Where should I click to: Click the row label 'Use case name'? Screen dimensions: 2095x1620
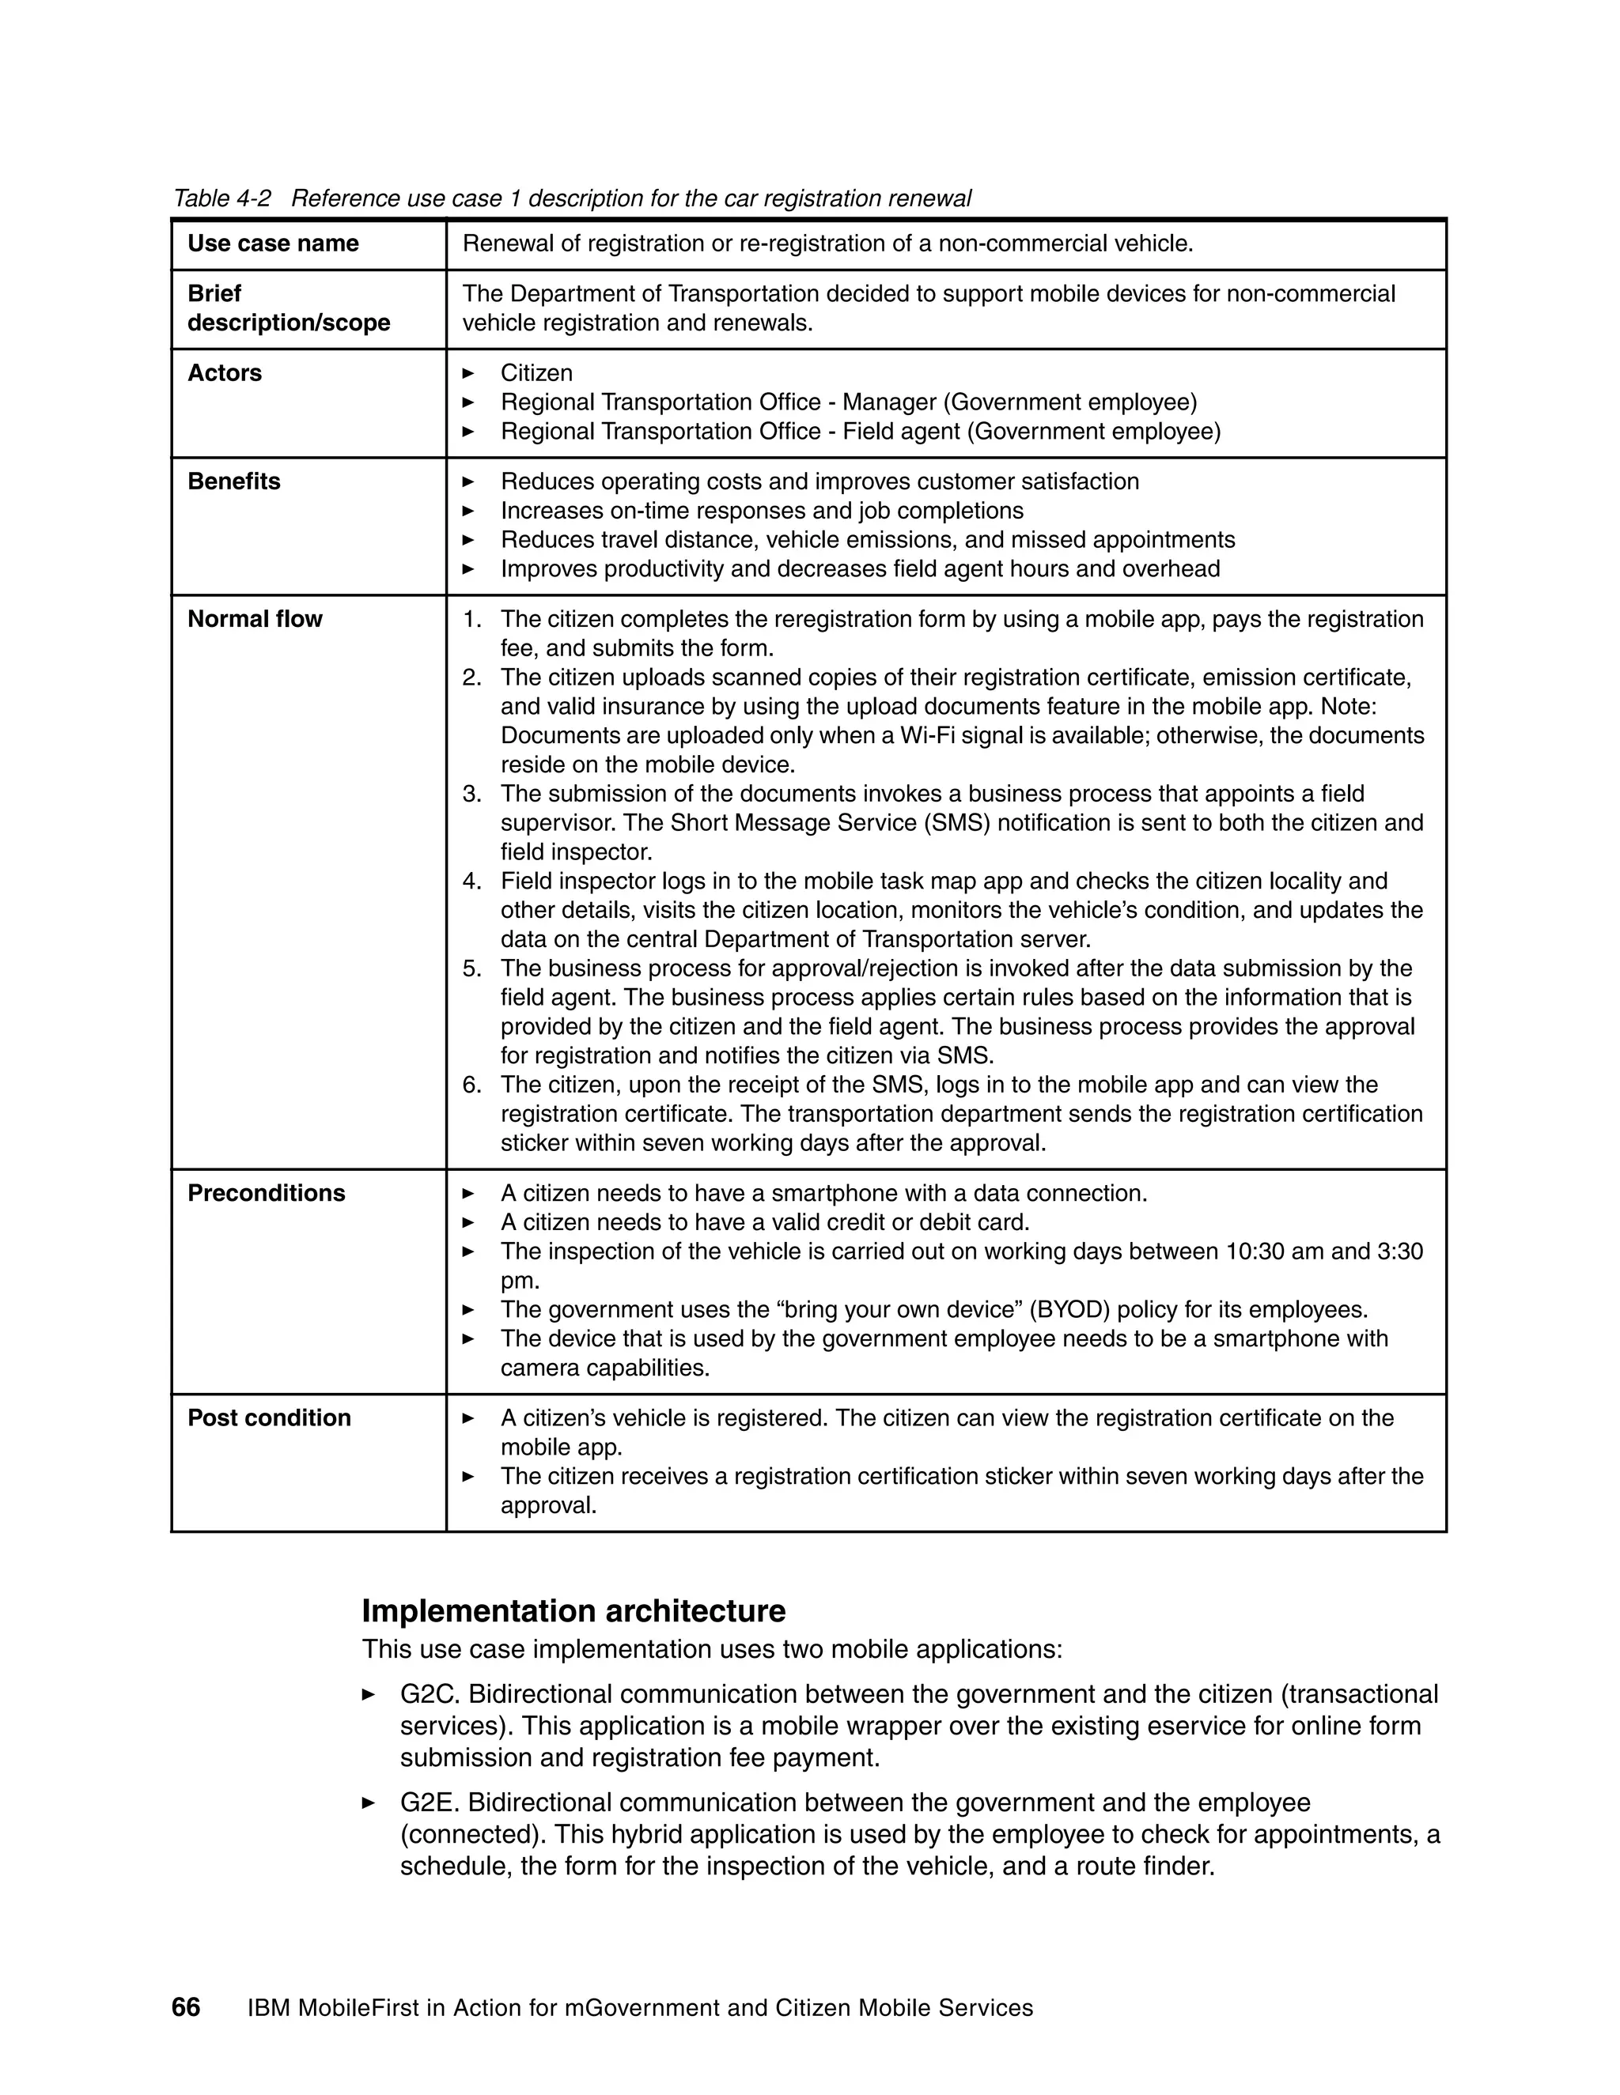pos(273,243)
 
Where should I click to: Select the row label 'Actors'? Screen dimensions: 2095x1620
pos(224,373)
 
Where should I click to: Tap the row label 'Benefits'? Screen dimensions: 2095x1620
pos(233,481)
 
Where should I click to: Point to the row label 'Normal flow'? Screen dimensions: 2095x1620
pos(255,620)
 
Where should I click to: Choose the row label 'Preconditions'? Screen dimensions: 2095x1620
pos(266,1193)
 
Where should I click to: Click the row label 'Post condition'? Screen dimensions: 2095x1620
pos(269,1417)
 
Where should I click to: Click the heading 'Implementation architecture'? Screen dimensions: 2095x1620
pos(573,1610)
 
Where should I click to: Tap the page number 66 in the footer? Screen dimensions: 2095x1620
pos(185,2008)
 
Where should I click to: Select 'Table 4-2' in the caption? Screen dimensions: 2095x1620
pos(221,198)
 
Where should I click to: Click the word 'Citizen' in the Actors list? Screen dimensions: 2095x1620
pos(536,373)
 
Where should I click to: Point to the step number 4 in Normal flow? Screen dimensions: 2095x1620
pos(471,881)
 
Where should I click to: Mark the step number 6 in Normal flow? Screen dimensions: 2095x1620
pos(471,1085)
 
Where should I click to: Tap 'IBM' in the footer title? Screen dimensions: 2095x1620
pos(268,2009)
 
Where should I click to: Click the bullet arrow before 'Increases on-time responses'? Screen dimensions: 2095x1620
pos(468,511)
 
